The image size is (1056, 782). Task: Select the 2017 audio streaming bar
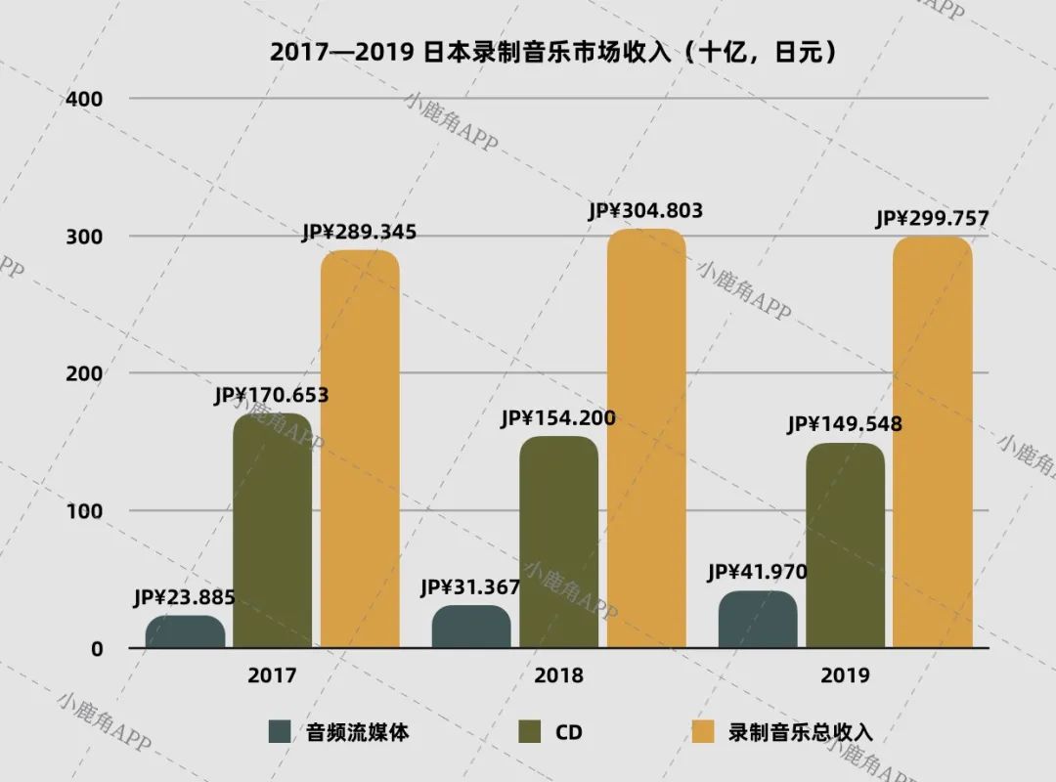tap(185, 631)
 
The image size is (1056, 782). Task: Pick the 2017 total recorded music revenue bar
tap(360, 450)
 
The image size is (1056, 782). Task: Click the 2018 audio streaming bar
tap(471, 627)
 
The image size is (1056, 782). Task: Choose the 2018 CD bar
tap(558, 543)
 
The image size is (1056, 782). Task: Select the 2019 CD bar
tap(845, 545)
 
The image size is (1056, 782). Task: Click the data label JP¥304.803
tap(645, 210)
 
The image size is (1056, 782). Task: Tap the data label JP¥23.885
tap(185, 598)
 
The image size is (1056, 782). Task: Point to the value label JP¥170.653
tap(272, 396)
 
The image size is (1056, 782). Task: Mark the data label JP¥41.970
tap(758, 572)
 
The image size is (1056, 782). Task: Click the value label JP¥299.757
tap(932, 218)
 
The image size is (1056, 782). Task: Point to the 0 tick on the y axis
tap(97, 648)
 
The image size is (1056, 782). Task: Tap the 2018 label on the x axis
tap(558, 675)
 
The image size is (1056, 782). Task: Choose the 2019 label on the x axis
tap(845, 675)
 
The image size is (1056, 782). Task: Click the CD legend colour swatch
tap(532, 731)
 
